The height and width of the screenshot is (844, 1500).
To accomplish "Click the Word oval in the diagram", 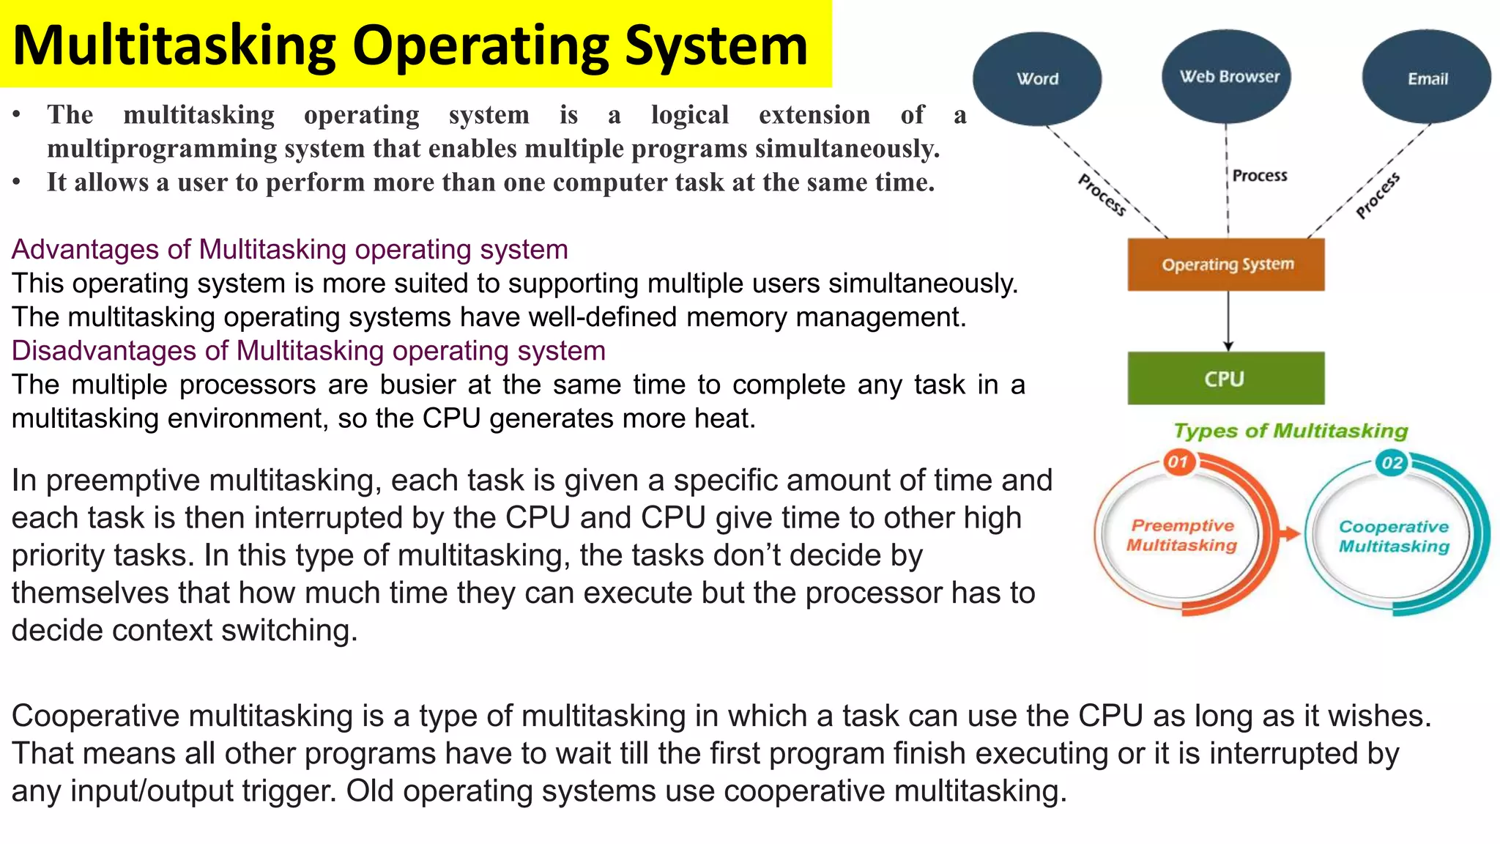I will (x=1037, y=78).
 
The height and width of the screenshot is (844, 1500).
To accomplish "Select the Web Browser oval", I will (x=1228, y=76).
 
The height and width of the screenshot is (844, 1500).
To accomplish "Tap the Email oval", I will (x=1427, y=78).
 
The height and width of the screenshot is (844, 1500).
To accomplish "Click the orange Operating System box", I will (x=1226, y=264).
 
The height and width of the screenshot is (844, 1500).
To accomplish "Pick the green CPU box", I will (x=1225, y=379).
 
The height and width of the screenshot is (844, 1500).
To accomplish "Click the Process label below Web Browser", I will (x=1259, y=175).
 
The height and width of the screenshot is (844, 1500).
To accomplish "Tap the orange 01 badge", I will (x=1178, y=462).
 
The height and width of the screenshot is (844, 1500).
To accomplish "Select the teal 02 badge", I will (x=1392, y=462).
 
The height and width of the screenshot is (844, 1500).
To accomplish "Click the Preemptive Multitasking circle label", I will (x=1182, y=536).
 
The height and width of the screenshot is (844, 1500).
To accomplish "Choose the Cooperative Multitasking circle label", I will (x=1394, y=536).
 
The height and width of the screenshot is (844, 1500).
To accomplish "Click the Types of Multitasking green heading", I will (x=1291, y=431).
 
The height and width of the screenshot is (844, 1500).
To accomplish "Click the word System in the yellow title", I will (x=716, y=45).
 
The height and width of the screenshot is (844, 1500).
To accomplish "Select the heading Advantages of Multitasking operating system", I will (x=289, y=250).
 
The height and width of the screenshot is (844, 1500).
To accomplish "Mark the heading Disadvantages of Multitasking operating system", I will (x=308, y=351).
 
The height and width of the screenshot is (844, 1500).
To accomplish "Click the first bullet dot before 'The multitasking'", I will (x=16, y=115).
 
